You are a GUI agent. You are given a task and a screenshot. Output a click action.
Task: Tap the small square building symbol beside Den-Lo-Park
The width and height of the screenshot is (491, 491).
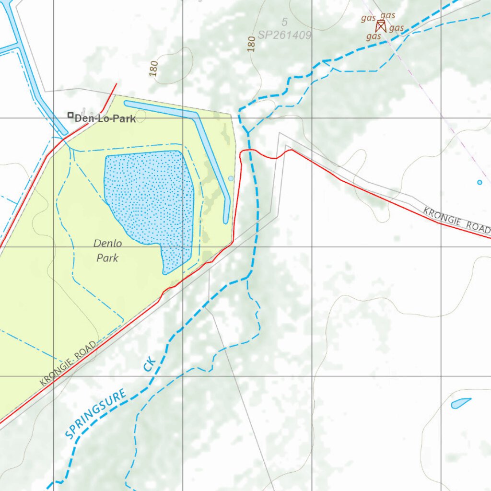coord(70,115)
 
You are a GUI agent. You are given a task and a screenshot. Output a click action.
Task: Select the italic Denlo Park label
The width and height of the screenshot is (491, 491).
coord(108,251)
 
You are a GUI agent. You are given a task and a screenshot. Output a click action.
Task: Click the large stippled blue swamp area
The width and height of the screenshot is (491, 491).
coord(149,197)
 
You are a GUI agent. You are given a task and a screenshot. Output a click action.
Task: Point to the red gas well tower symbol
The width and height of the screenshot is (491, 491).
coord(381,26)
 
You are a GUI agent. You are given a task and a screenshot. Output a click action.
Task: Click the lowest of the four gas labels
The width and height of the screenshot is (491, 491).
coord(374,36)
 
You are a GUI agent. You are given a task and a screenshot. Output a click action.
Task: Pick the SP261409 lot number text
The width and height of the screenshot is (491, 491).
coord(284,35)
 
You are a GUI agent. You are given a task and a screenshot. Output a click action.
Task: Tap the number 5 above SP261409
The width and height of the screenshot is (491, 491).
coord(284,22)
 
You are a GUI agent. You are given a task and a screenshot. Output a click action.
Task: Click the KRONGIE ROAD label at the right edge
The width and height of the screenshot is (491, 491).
coord(456,220)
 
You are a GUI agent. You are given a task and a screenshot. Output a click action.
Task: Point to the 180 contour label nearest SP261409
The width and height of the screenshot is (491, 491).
coord(252,44)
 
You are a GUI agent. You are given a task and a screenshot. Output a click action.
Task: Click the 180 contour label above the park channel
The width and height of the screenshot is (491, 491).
coord(153,69)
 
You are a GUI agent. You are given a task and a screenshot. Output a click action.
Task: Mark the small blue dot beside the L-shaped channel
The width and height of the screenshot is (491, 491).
coord(231,178)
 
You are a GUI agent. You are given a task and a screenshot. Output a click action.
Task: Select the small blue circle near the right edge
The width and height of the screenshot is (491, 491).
coord(479,182)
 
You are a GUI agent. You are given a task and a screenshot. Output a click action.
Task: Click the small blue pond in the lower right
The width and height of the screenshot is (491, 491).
coord(460,403)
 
